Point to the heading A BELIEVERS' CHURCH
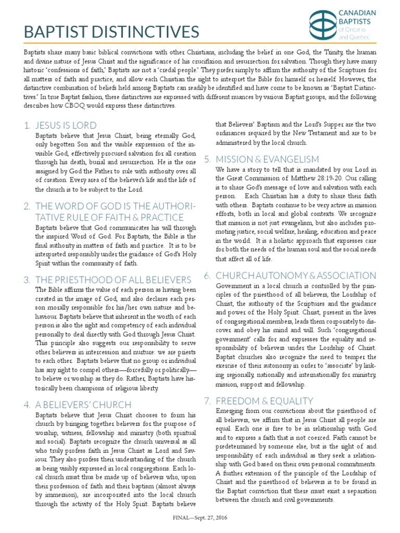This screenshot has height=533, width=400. click(x=83, y=404)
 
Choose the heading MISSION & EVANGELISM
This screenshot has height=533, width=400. click(x=267, y=159)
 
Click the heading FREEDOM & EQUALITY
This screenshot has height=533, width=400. click(x=264, y=400)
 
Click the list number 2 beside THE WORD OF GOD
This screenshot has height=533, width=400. click(x=27, y=207)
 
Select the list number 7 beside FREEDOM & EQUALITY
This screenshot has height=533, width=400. click(x=207, y=400)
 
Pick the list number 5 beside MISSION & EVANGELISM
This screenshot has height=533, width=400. click(x=207, y=159)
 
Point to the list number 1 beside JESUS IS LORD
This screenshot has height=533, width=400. click(x=27, y=125)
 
